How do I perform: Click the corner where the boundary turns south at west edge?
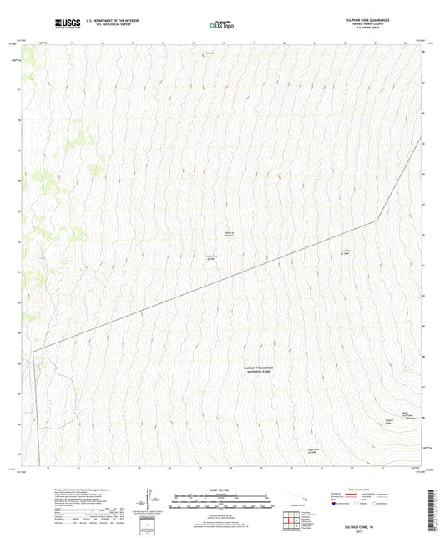point(34,352)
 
